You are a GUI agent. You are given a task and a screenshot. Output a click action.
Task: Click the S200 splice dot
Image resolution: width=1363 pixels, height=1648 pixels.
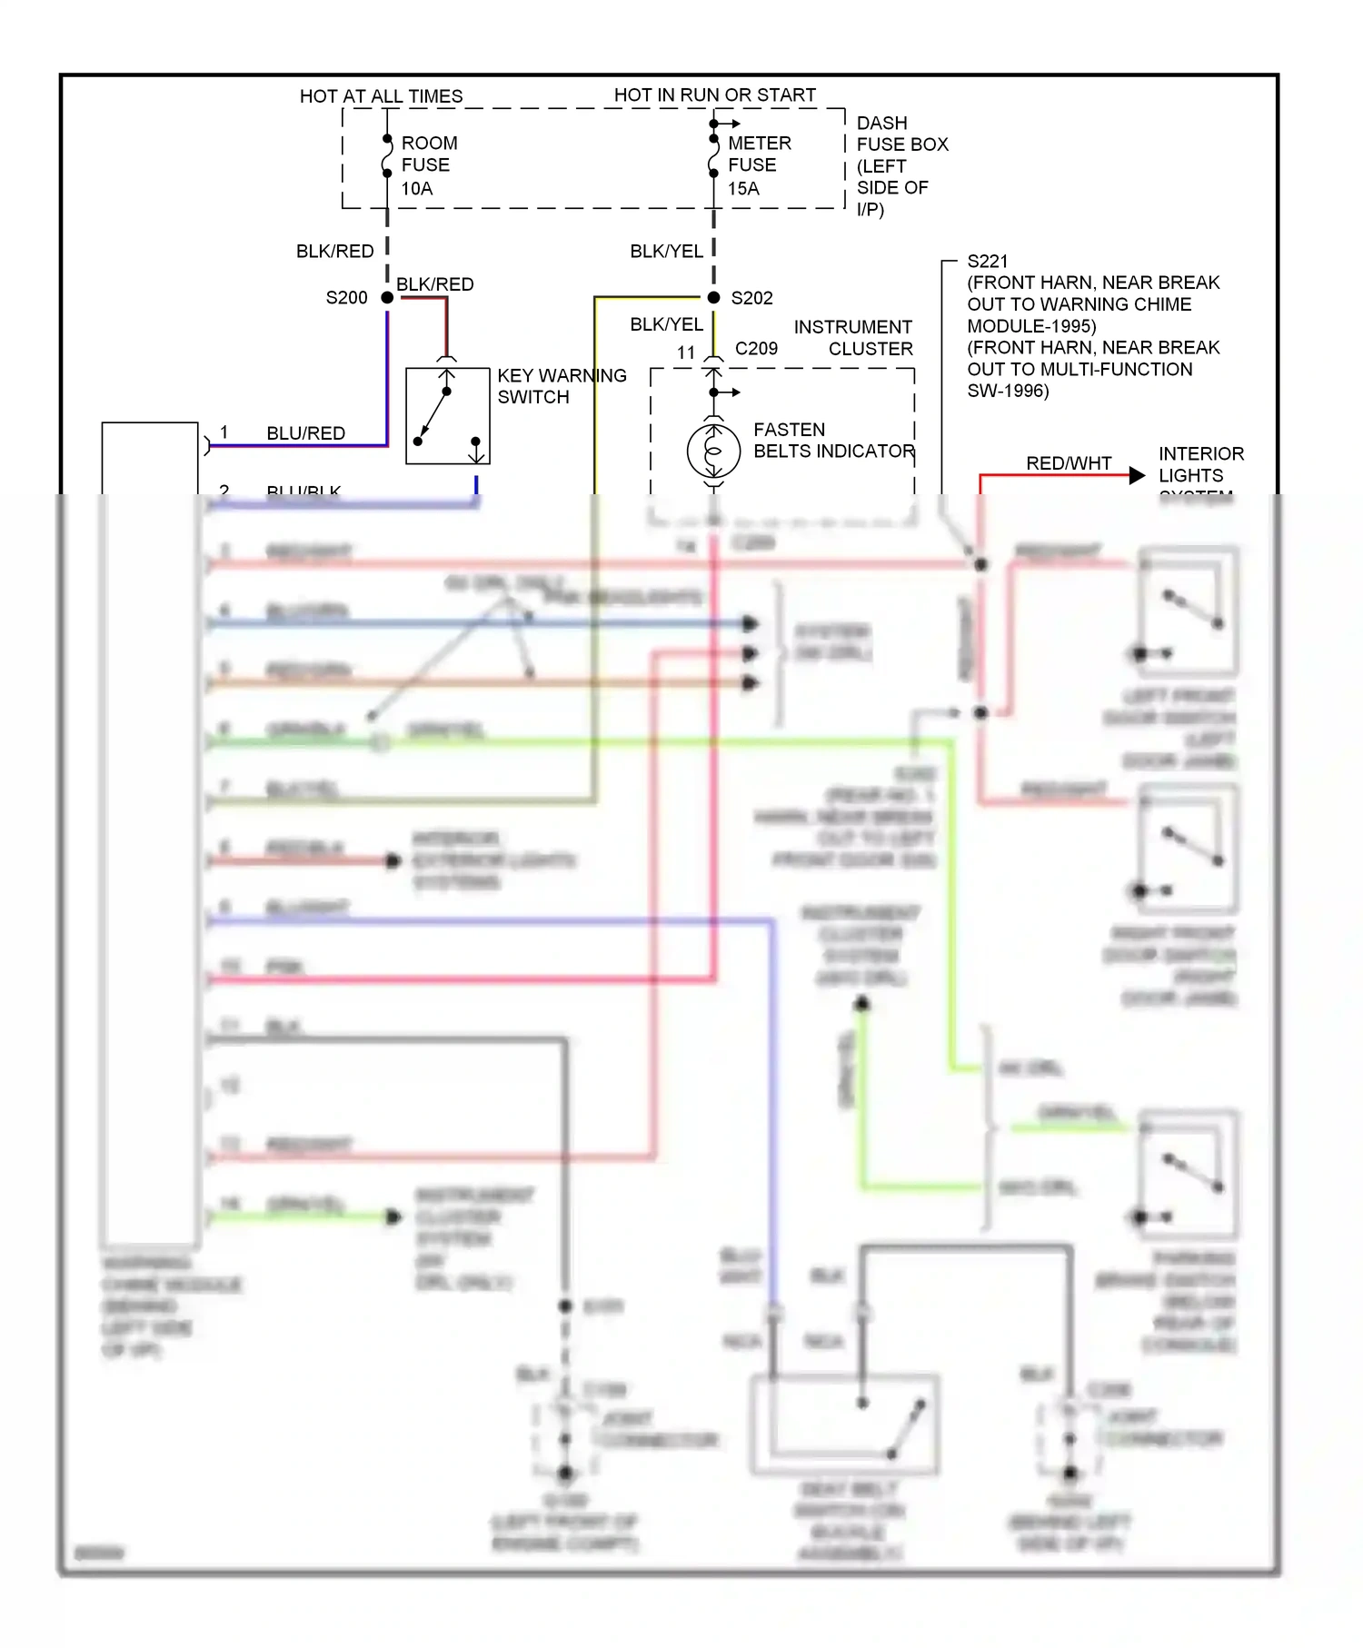click(x=387, y=298)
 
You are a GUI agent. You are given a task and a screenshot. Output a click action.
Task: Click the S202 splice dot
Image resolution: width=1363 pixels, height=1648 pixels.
click(x=714, y=298)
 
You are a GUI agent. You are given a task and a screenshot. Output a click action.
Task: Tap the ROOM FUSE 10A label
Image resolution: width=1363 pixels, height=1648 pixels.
click(x=428, y=165)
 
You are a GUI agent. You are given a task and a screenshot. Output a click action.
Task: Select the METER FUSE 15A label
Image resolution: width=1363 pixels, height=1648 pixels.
click(x=758, y=165)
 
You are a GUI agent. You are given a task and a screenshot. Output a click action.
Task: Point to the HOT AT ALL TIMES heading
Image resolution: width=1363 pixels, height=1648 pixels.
click(x=381, y=96)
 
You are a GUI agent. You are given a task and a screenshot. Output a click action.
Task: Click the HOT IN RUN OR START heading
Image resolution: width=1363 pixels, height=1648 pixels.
click(x=714, y=95)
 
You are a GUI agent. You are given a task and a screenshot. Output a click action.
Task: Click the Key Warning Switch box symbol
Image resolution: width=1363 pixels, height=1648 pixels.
click(x=447, y=416)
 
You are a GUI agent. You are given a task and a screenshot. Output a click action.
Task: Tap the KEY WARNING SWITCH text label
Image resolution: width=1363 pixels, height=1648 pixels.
click(x=561, y=386)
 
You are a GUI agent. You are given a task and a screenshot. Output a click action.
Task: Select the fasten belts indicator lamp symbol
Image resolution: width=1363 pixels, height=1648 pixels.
click(x=713, y=452)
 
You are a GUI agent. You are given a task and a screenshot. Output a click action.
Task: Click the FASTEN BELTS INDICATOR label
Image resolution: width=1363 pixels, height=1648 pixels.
click(x=833, y=441)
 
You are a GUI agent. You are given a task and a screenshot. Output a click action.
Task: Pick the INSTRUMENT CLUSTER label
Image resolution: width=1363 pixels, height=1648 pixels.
click(x=852, y=338)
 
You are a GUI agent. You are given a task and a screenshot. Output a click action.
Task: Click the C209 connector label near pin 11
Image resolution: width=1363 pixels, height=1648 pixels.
click(x=756, y=349)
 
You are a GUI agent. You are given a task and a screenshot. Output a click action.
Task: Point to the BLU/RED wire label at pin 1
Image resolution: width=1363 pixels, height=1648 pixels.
click(x=305, y=433)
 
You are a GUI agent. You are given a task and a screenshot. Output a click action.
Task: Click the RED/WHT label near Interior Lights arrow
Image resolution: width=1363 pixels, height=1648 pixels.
click(x=1069, y=463)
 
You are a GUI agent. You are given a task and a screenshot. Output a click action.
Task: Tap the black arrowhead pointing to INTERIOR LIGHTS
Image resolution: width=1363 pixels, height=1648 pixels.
click(x=1137, y=475)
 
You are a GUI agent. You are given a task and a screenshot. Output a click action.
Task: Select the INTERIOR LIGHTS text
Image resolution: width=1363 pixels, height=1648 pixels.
click(x=1199, y=464)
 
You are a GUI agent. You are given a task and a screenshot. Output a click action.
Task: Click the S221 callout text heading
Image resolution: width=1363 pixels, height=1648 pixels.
click(x=987, y=262)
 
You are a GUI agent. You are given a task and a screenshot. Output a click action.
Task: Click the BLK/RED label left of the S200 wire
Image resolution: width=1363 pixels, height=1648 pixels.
click(x=334, y=252)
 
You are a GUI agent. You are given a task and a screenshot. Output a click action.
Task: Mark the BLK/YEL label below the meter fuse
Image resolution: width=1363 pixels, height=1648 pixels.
click(x=666, y=252)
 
